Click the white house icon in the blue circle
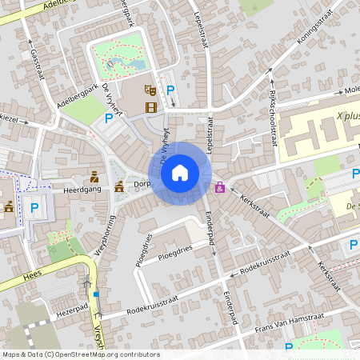click(x=180, y=172)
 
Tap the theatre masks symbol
click(x=149, y=90)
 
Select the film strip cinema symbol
click(x=150, y=106)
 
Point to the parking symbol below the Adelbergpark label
click(x=109, y=118)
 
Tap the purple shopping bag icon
click(x=220, y=188)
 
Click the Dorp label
click(x=142, y=184)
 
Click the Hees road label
click(x=10, y=273)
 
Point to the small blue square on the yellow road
click(x=96, y=294)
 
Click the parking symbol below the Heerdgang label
click(x=34, y=209)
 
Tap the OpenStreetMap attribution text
click(x=80, y=354)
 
